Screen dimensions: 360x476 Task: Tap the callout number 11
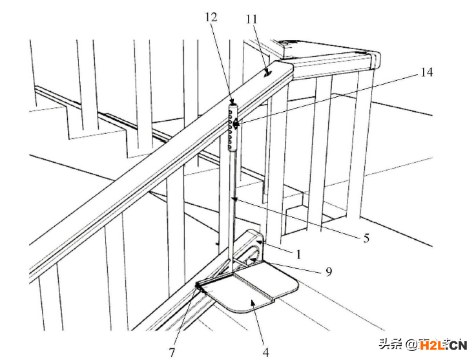(251, 19)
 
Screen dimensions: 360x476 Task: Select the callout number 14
(426, 72)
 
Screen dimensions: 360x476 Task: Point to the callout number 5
(366, 238)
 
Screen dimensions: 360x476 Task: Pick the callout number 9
(329, 272)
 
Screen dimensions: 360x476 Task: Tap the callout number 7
(172, 352)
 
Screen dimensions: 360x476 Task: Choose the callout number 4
(265, 352)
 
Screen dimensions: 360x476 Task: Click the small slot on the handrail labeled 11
(267, 73)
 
